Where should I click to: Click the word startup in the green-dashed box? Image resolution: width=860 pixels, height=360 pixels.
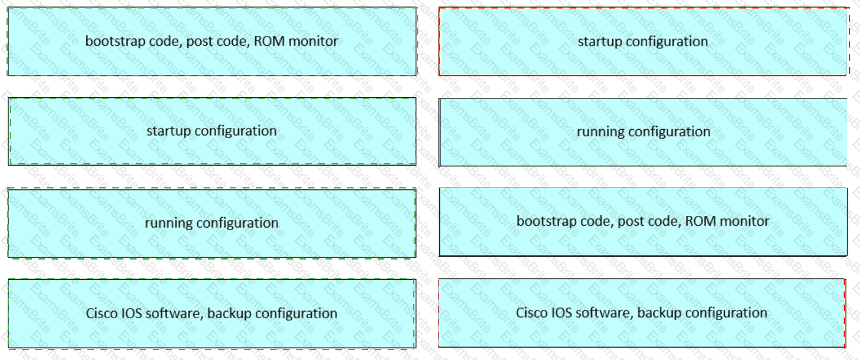[168, 131]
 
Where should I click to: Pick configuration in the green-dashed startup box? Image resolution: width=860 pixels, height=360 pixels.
[236, 131]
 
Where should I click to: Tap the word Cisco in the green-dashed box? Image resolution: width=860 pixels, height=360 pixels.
[102, 313]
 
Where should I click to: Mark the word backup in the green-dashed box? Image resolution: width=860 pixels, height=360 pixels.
[230, 313]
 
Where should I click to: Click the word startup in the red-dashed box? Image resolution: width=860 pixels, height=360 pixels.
[600, 42]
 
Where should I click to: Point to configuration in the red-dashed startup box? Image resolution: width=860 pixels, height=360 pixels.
[668, 42]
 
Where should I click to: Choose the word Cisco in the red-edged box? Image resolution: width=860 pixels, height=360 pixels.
[532, 312]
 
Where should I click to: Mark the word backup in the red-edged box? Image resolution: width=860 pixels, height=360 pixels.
[660, 312]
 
